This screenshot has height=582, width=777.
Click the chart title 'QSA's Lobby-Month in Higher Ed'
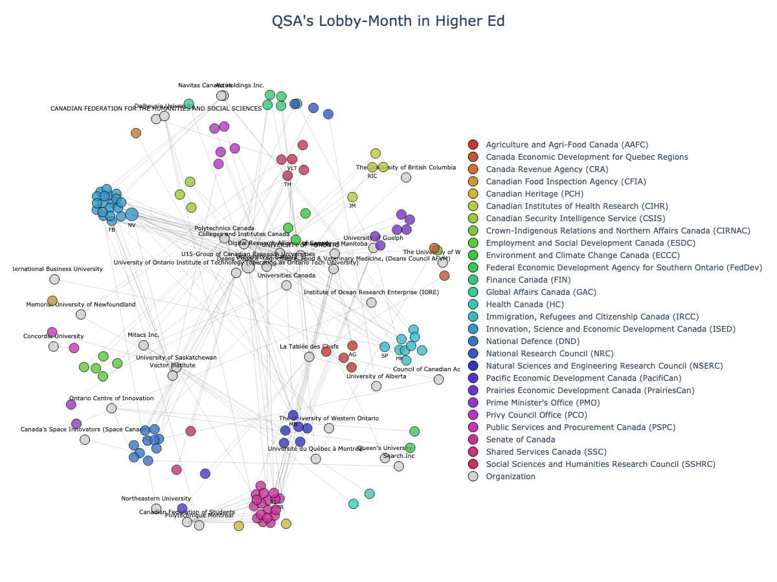pyautogui.click(x=388, y=21)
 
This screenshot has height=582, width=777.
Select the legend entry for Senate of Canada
pyautogui.click(x=511, y=440)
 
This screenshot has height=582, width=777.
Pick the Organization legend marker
pyautogui.click(x=473, y=477)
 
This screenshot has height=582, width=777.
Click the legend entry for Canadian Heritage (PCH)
pyautogui.click(x=534, y=194)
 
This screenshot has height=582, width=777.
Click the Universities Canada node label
pyautogui.click(x=286, y=275)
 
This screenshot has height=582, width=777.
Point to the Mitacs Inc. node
pyautogui.click(x=144, y=345)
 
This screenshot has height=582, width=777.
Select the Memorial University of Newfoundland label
pyautogui.click(x=81, y=305)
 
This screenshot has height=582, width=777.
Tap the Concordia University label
pyautogui.click(x=54, y=336)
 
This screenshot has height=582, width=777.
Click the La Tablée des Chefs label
pyautogui.click(x=309, y=347)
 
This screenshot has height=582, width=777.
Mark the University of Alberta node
pyautogui.click(x=376, y=386)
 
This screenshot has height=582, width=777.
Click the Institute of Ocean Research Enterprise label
pyautogui.click(x=371, y=292)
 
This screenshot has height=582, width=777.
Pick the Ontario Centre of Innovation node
pyautogui.click(x=111, y=408)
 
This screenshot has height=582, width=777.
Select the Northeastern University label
pyautogui.click(x=156, y=499)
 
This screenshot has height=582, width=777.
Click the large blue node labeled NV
pyautogui.click(x=131, y=215)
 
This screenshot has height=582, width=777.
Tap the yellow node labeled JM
pyautogui.click(x=352, y=197)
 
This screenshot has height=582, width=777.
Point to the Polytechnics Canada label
pyautogui.click(x=224, y=228)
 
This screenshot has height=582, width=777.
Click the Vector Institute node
pyautogui.click(x=172, y=376)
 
